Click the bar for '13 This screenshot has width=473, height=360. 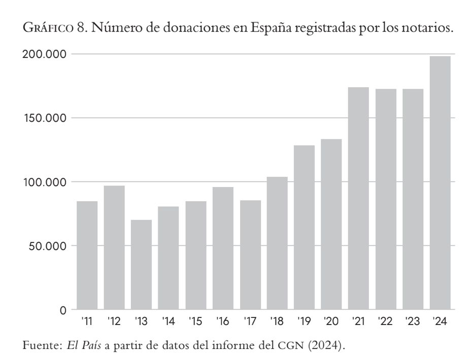point(141,264)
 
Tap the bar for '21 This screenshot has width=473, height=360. point(358,198)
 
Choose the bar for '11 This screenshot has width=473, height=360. point(87,255)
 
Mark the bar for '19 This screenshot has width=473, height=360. point(304,227)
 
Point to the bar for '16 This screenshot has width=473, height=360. point(223,248)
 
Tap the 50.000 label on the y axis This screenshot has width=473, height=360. point(44,246)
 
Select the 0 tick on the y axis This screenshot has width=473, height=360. point(63,310)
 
